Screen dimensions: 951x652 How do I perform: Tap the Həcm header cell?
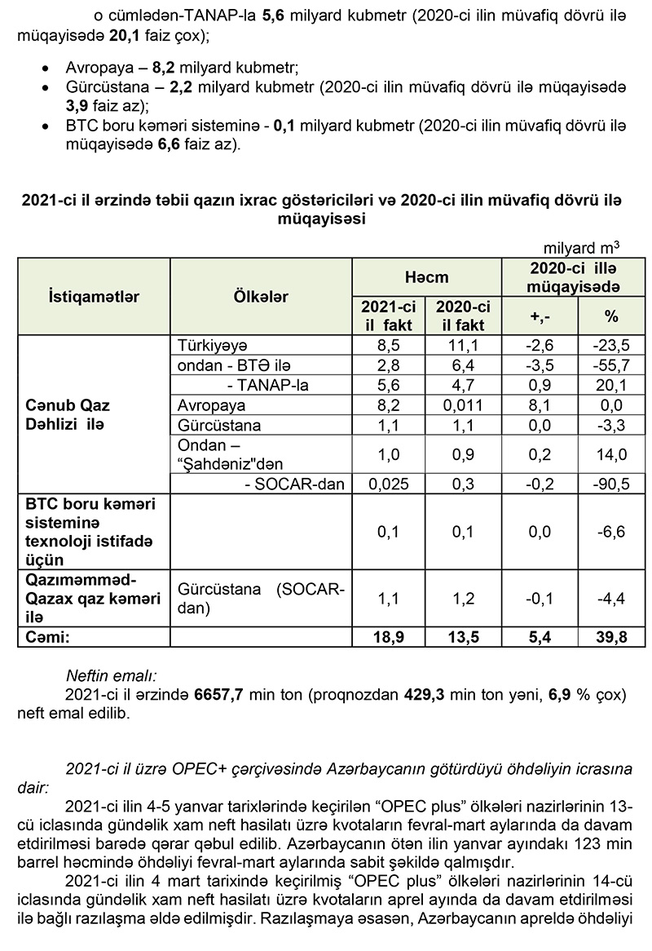pos(426,278)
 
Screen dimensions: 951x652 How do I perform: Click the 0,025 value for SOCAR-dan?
pos(388,484)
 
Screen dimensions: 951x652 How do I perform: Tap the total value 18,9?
pos(388,637)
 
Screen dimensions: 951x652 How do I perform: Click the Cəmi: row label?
pos(46,637)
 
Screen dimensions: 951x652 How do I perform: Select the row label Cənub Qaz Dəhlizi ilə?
pos(67,414)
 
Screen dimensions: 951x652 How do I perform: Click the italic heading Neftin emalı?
pos(112,676)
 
